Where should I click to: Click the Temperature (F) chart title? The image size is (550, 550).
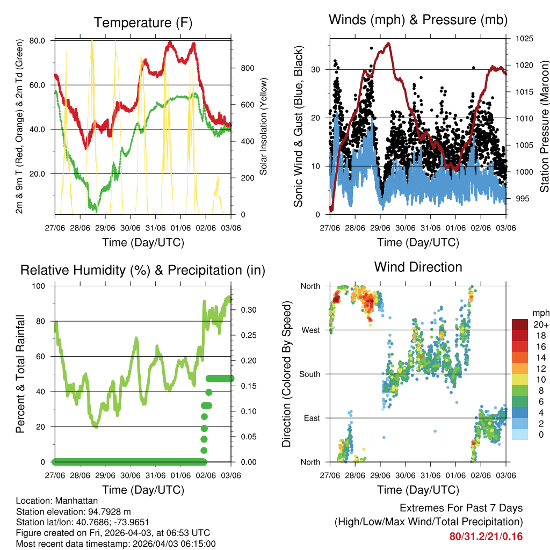coord(143,23)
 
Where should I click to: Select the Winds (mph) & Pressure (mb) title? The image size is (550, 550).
coord(418,20)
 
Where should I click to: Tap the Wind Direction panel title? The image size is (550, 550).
coord(418,267)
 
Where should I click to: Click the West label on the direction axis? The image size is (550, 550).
coord(310,330)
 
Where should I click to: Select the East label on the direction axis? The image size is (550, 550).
coord(312,418)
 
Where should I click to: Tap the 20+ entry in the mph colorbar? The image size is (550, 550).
coord(540,324)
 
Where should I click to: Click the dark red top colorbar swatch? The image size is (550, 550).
coord(520,324)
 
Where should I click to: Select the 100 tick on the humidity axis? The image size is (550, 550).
coord(41,286)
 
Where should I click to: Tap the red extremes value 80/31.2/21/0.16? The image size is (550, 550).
coord(486,536)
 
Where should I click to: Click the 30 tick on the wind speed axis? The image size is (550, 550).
coord(317,69)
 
